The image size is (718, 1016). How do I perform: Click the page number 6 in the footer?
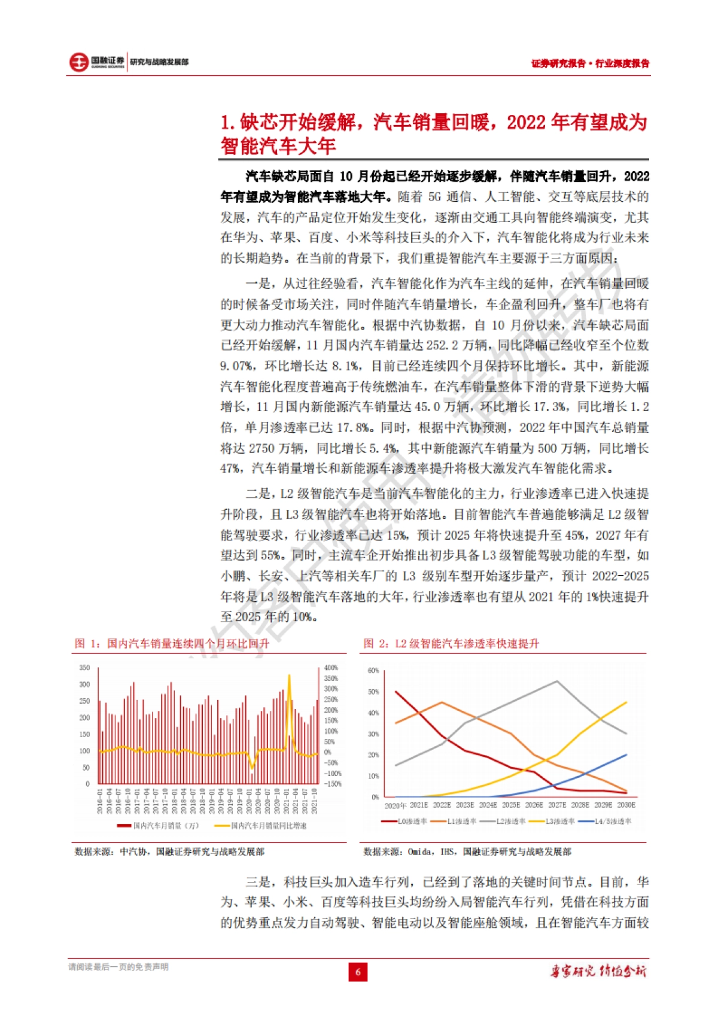coord(358,972)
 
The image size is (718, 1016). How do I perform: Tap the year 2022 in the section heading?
coord(526,123)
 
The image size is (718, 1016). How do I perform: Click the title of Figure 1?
coord(172,643)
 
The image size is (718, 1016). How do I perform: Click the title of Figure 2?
coord(451,643)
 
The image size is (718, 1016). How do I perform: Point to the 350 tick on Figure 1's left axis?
coord(84,668)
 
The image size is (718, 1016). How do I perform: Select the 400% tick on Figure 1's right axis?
coord(331,668)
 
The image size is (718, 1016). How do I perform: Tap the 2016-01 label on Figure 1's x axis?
coord(100,801)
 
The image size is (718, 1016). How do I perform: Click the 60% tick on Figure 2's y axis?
coord(373,670)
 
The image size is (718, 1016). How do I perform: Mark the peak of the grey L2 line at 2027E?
coord(557,682)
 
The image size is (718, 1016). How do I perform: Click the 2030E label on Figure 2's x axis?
coord(626,805)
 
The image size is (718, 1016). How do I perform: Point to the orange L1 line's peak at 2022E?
coord(442,702)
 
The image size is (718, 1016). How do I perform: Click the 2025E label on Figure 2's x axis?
coord(511,805)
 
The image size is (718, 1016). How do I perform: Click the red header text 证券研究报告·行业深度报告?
coord(590,63)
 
